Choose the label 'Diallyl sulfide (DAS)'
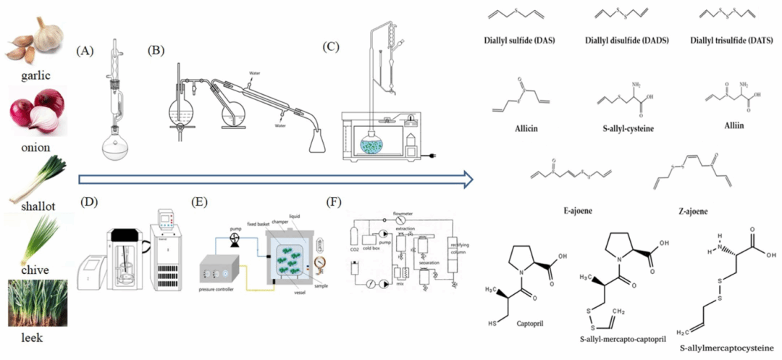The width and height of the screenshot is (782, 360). click(519, 40)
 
